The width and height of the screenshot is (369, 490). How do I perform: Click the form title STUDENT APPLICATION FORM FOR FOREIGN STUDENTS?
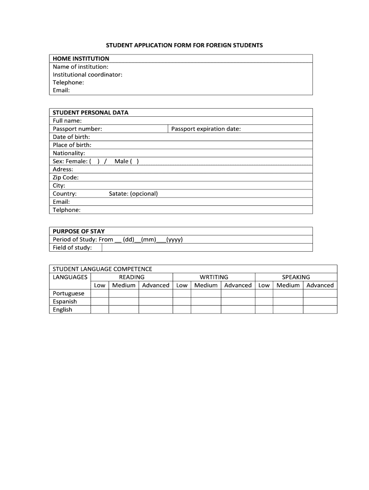[184, 45]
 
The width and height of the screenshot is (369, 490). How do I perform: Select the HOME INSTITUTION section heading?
[81, 58]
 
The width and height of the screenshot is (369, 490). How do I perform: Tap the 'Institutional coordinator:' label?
[87, 75]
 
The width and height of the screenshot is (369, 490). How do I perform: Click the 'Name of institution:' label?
[81, 67]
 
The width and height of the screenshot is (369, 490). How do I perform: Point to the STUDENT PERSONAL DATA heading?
[90, 113]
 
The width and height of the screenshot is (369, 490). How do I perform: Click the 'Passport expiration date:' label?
[206, 129]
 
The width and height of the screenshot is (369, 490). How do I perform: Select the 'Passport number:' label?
[77, 129]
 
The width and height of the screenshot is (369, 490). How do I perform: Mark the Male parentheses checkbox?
[134, 161]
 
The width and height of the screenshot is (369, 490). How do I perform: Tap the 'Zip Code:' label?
[66, 178]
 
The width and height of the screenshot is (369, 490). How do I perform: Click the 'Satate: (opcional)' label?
[133, 194]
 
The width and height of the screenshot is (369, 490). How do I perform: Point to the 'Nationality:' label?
[69, 153]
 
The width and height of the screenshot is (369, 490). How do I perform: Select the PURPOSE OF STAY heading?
[79, 231]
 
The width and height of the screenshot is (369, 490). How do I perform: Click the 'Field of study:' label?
[72, 247]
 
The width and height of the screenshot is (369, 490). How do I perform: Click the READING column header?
[132, 277]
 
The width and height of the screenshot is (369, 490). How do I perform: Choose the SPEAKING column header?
[296, 277]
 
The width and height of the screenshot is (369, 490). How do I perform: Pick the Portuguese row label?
[68, 293]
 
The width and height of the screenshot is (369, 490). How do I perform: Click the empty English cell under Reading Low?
[100, 310]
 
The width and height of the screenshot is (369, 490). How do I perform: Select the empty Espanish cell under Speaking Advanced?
[320, 301]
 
